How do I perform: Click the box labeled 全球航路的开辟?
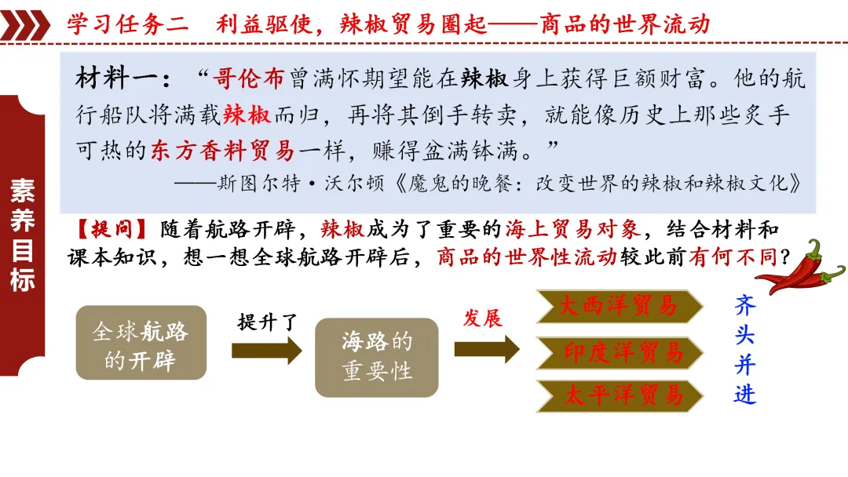click(141, 343)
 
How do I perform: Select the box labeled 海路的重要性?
click(376, 356)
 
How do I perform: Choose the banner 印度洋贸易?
click(619, 352)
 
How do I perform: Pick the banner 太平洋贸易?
click(619, 395)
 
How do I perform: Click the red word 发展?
click(483, 317)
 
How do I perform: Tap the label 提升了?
click(269, 321)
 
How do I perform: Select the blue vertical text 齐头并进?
click(744, 349)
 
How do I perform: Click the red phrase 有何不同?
click(728, 257)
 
